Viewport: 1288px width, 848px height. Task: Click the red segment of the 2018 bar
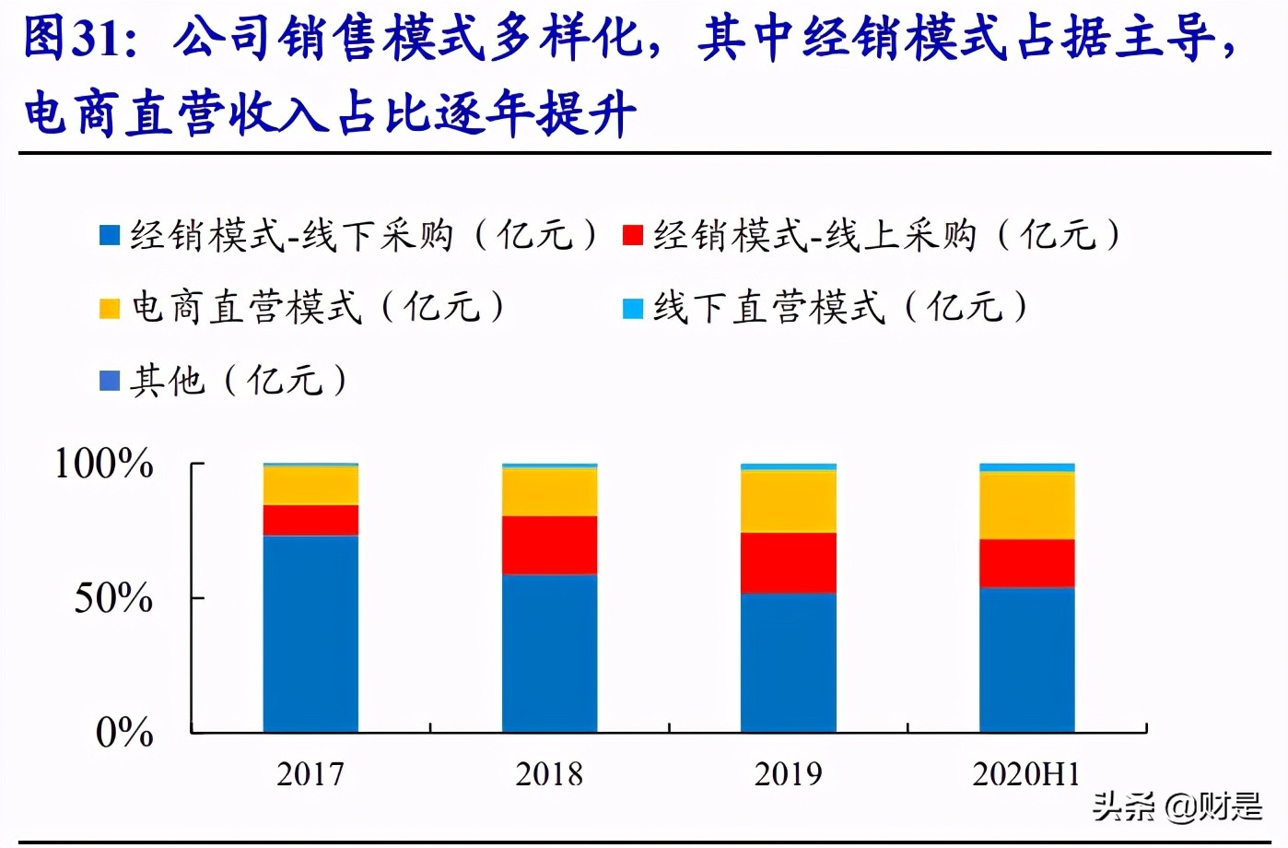(x=549, y=545)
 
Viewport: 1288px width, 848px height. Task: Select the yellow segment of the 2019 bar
(x=788, y=501)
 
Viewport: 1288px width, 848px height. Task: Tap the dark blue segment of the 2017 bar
(x=310, y=633)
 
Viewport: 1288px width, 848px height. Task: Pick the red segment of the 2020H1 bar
(x=1026, y=563)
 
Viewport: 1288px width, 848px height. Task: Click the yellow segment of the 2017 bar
(x=310, y=486)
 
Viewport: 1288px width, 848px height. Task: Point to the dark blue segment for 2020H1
(x=1026, y=659)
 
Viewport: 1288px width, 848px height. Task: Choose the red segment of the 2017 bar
(x=310, y=520)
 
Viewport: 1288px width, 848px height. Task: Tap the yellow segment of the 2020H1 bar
(x=1026, y=505)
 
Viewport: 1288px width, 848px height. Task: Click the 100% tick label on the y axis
(x=103, y=464)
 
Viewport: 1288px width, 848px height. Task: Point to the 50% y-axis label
(x=112, y=598)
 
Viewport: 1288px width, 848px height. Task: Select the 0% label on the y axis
(x=123, y=733)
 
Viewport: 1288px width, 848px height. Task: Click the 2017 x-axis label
(x=310, y=774)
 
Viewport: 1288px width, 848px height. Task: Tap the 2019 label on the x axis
(x=788, y=774)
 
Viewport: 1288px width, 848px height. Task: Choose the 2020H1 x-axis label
(x=1026, y=774)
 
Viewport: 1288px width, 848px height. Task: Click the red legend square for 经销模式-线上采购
(x=632, y=235)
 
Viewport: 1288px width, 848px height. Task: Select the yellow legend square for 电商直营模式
(x=110, y=308)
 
